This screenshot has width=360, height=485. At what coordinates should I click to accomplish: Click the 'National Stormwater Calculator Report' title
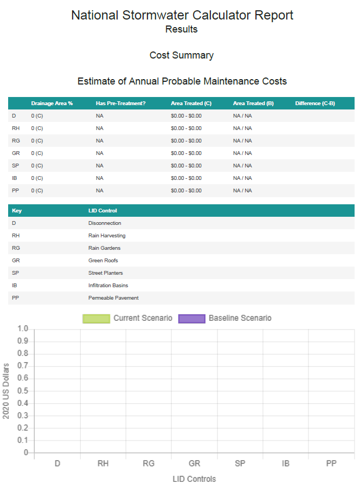pyautogui.click(x=182, y=15)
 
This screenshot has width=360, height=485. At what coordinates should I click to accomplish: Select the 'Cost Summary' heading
pyautogui.click(x=182, y=55)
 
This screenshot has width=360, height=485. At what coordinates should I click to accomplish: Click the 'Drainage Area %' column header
pyautogui.click(x=52, y=104)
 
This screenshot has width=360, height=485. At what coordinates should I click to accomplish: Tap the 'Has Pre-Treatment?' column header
pyautogui.click(x=121, y=104)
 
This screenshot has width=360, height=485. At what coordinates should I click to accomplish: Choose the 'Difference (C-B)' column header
pyautogui.click(x=315, y=104)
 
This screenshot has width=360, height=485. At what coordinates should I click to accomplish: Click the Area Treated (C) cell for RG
pyautogui.click(x=186, y=141)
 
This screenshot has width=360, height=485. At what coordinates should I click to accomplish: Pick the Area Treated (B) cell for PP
pyautogui.click(x=242, y=191)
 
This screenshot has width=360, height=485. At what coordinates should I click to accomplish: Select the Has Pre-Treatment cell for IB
pyautogui.click(x=99, y=178)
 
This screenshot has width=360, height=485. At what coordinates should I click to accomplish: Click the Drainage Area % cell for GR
pyautogui.click(x=37, y=153)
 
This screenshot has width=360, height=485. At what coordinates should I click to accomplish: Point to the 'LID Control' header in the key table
pyautogui.click(x=102, y=211)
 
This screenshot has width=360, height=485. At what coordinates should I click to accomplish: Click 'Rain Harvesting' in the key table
pyautogui.click(x=107, y=236)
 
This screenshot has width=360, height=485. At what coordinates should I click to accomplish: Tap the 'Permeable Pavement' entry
pyautogui.click(x=113, y=298)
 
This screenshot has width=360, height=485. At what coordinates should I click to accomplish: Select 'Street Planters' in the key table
pyautogui.click(x=106, y=273)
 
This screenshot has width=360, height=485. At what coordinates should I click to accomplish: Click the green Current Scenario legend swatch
pyautogui.click(x=97, y=319)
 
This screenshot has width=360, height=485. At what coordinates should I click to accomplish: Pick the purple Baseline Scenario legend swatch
pyautogui.click(x=192, y=319)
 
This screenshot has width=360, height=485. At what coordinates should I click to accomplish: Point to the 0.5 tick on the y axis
pyautogui.click(x=23, y=391)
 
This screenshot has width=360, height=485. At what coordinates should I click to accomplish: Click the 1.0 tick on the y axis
pyautogui.click(x=23, y=328)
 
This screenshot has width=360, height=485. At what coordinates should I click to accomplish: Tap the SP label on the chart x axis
pyautogui.click(x=240, y=463)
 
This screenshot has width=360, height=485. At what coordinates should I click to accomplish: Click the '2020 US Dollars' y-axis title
pyautogui.click(x=6, y=391)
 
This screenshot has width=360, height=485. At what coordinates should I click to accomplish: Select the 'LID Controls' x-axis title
pyautogui.click(x=195, y=479)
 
